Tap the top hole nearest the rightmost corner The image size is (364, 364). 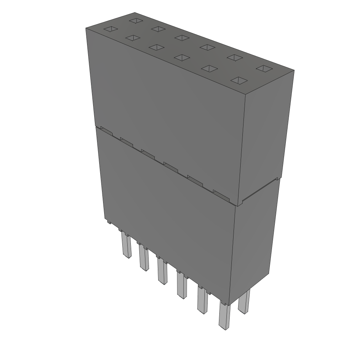tap(264, 68)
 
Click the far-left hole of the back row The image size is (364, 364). tap(135, 20)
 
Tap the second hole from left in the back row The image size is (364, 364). tap(157, 28)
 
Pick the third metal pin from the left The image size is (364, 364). tap(162, 272)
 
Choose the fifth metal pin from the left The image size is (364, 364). tap(202, 301)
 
